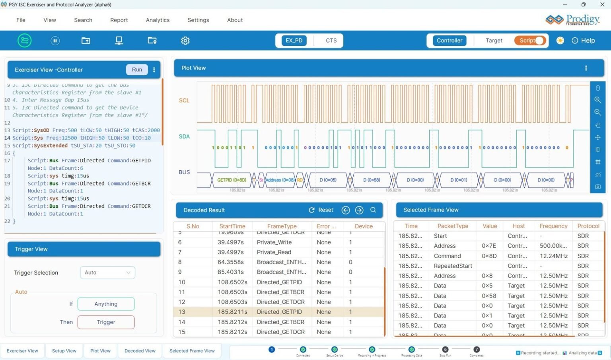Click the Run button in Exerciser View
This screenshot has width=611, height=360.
coord(137,70)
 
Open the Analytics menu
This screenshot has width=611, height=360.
coord(158,20)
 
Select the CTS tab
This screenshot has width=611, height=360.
coord(331,41)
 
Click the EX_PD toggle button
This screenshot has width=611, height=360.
coord(294,41)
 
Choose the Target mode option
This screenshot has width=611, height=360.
coord(494,41)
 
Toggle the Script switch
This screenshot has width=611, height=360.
coord(530,41)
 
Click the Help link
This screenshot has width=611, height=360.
coord(584,41)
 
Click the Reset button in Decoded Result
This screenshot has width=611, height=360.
coord(321,210)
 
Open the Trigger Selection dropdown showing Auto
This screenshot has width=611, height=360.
coord(107,272)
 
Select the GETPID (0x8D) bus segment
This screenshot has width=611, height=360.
coord(232,180)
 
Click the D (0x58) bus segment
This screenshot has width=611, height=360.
coord(372,180)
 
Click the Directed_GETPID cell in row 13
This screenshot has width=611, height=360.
coord(279,312)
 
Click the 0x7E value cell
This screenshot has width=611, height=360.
coord(489,246)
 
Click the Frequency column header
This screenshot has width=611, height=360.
coord(553,226)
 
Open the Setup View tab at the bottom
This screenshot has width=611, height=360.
coord(64,351)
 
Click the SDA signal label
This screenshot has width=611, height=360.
coord(184,136)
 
